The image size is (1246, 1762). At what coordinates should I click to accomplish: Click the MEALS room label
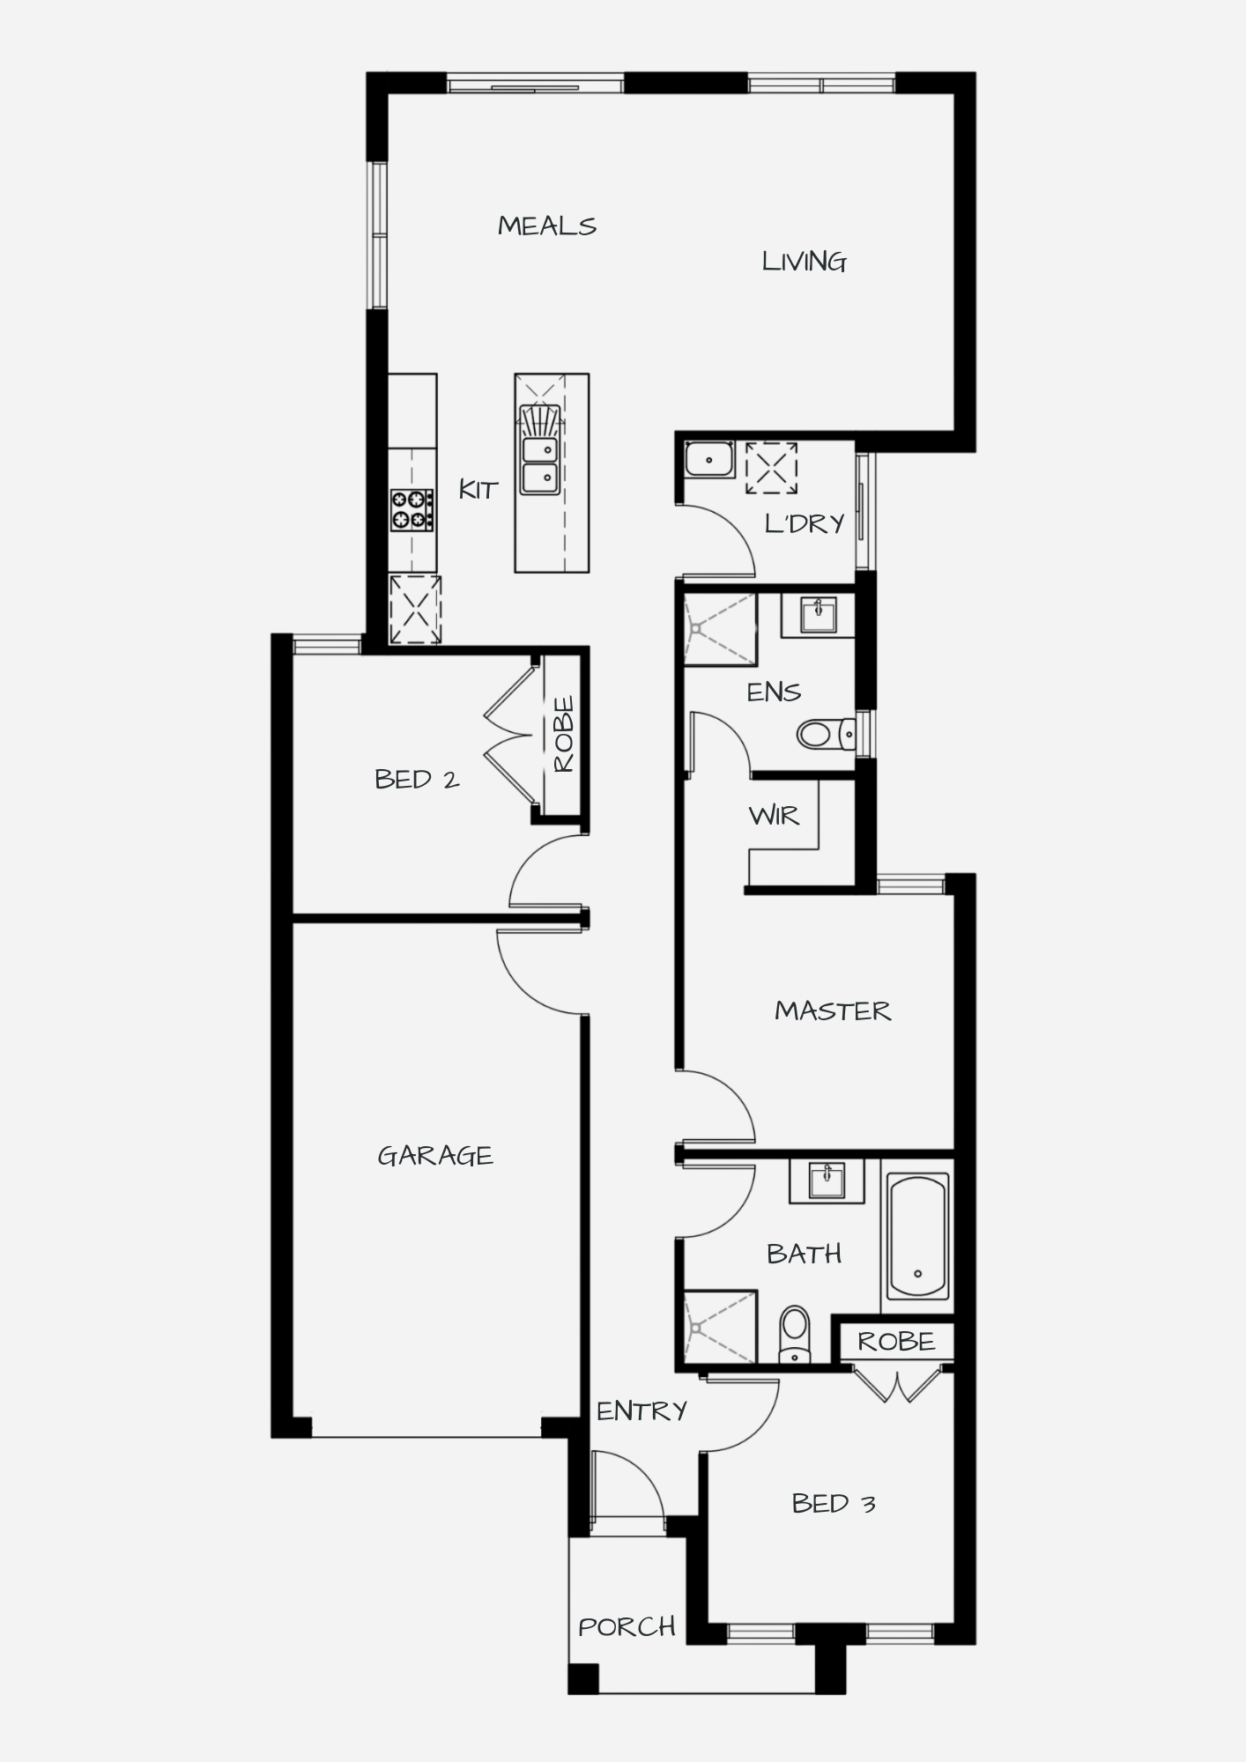point(547,226)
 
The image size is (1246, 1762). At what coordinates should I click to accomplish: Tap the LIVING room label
point(805,262)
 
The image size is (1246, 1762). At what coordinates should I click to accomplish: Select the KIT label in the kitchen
point(478,489)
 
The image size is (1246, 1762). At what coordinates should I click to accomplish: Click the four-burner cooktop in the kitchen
point(412,510)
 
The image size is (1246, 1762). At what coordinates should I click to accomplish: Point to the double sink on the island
point(540,464)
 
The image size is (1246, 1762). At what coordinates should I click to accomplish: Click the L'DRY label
point(805,524)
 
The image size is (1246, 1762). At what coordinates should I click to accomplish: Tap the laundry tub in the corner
point(709,460)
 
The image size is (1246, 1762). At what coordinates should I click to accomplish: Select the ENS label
point(774,692)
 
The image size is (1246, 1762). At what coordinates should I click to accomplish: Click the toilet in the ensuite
point(827,733)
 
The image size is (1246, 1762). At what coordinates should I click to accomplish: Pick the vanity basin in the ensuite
point(819,614)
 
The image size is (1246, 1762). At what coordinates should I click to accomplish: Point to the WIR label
point(775,816)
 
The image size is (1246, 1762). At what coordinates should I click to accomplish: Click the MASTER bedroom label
point(833,1011)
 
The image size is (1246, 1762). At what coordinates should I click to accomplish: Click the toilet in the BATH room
point(795,1334)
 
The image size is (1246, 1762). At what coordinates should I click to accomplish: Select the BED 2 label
point(417,779)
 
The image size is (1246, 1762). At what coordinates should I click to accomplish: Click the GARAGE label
point(435,1155)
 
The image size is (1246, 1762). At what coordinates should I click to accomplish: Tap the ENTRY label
point(642,1410)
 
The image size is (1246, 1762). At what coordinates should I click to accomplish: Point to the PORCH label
point(627,1626)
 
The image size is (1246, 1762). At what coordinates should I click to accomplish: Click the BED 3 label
point(834,1503)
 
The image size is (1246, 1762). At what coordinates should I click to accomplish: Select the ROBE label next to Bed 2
point(564,735)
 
